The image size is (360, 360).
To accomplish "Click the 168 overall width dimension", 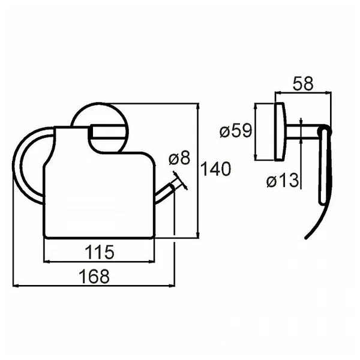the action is (x=94, y=277).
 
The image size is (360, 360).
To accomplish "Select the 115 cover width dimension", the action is (x=100, y=252).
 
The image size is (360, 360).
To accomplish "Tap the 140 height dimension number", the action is (x=215, y=169).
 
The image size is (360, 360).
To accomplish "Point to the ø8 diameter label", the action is (x=179, y=158).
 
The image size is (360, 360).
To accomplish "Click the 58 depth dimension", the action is (x=303, y=83).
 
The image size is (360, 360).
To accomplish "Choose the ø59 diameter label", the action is (x=236, y=131).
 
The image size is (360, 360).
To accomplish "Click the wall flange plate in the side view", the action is (x=281, y=131).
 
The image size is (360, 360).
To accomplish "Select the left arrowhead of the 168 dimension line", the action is (x=16, y=286).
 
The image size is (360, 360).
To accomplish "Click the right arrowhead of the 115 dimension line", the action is (x=152, y=261).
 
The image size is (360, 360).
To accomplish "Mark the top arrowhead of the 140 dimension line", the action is (x=198, y=107).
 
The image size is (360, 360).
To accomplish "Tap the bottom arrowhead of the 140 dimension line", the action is (x=198, y=235).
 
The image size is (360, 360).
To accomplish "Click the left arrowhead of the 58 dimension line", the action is (x=278, y=92).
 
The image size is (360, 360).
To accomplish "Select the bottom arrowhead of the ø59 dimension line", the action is (x=255, y=157).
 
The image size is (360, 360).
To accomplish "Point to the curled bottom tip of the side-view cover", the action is (x=305, y=238).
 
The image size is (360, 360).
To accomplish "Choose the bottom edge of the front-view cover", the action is (x=99, y=238).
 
